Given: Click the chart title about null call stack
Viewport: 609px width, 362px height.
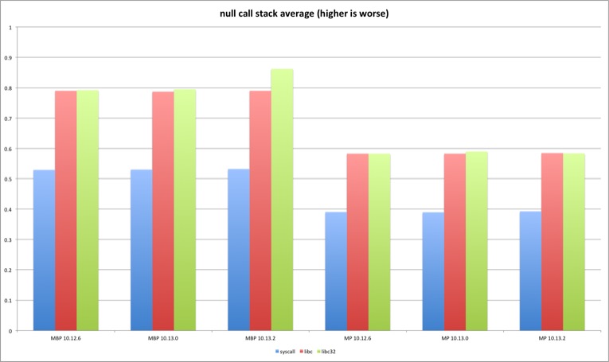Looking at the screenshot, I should point(305,14).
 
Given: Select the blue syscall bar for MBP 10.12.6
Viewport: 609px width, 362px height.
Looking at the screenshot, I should point(44,250).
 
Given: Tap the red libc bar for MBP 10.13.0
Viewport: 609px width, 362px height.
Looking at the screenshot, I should point(163,211).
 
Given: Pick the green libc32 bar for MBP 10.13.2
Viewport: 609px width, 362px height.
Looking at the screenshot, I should point(282,200).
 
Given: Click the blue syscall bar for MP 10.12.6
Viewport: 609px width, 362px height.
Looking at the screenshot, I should point(336,271).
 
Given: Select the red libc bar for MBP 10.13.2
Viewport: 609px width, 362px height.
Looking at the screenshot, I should point(260,210).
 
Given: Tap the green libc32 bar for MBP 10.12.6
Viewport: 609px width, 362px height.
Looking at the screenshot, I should point(88,210).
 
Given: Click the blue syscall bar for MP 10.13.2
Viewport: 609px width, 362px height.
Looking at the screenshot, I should point(530,271).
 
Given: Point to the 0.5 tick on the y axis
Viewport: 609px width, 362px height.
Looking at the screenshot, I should point(9,179).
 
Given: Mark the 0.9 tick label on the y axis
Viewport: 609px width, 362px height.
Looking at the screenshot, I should point(9,58).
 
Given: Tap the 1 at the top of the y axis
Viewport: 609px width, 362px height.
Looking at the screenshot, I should point(10,28).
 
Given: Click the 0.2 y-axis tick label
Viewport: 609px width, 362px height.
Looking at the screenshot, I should point(9,270).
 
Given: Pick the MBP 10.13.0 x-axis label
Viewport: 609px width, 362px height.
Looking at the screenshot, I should point(163,338).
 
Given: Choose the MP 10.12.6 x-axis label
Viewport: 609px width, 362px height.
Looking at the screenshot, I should point(357,338).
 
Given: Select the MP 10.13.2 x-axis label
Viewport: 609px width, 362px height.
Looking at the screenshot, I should point(552,338).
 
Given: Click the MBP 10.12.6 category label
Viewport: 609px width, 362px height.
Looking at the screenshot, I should point(66,338).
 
